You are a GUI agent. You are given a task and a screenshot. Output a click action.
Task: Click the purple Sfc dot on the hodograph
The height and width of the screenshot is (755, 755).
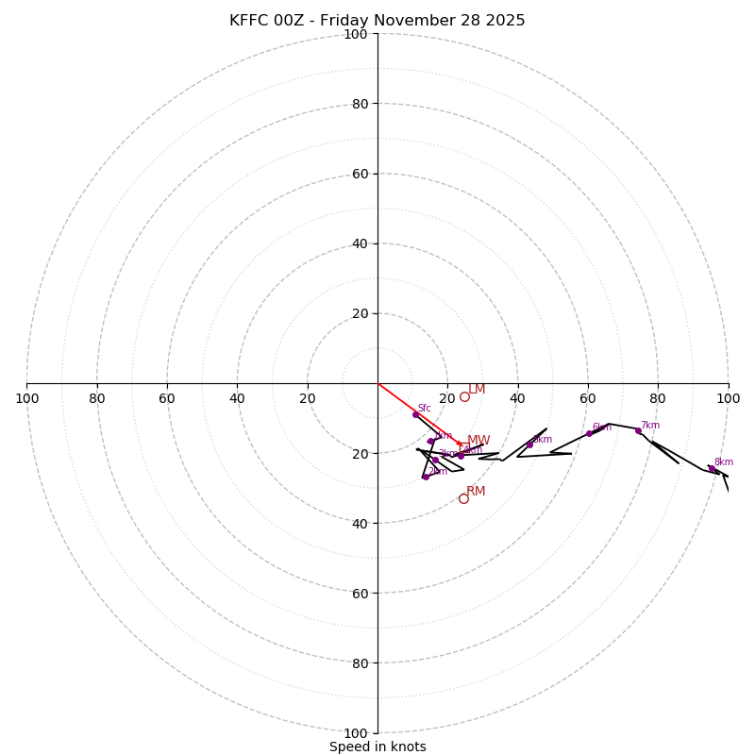point(415,414)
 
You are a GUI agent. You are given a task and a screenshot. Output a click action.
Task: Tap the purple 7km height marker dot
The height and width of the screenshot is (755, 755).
point(638,431)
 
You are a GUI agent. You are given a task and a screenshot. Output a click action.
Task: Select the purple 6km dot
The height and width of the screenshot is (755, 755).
point(589,433)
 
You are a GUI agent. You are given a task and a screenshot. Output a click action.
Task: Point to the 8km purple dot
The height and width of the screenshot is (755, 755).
point(712,468)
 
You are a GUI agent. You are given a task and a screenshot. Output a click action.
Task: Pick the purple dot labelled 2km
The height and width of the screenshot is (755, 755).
point(426,477)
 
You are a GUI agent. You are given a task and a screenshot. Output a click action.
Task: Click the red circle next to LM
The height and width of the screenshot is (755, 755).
point(464,396)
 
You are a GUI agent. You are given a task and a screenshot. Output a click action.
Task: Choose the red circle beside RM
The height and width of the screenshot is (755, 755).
point(463,498)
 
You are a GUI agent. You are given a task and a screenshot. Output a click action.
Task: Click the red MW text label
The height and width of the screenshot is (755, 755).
point(478,441)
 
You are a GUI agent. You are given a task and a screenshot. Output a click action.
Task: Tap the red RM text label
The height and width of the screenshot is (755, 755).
point(476,492)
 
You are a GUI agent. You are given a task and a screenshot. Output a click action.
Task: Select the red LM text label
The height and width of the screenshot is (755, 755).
point(477,390)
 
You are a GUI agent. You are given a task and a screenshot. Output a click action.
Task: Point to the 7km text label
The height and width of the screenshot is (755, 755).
point(650,426)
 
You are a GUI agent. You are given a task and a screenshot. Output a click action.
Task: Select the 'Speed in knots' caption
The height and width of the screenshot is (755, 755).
point(377,747)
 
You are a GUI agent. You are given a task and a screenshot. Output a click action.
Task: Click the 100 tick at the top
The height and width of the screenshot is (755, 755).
point(356,35)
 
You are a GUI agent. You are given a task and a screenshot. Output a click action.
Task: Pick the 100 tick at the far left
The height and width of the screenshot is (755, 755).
point(26,398)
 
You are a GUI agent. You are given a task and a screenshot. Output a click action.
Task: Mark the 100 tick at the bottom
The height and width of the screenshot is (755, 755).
point(356,733)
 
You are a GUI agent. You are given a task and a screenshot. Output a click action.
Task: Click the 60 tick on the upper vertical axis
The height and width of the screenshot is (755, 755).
point(360,174)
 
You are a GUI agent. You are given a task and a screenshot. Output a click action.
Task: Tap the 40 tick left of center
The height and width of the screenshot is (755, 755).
point(237,398)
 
